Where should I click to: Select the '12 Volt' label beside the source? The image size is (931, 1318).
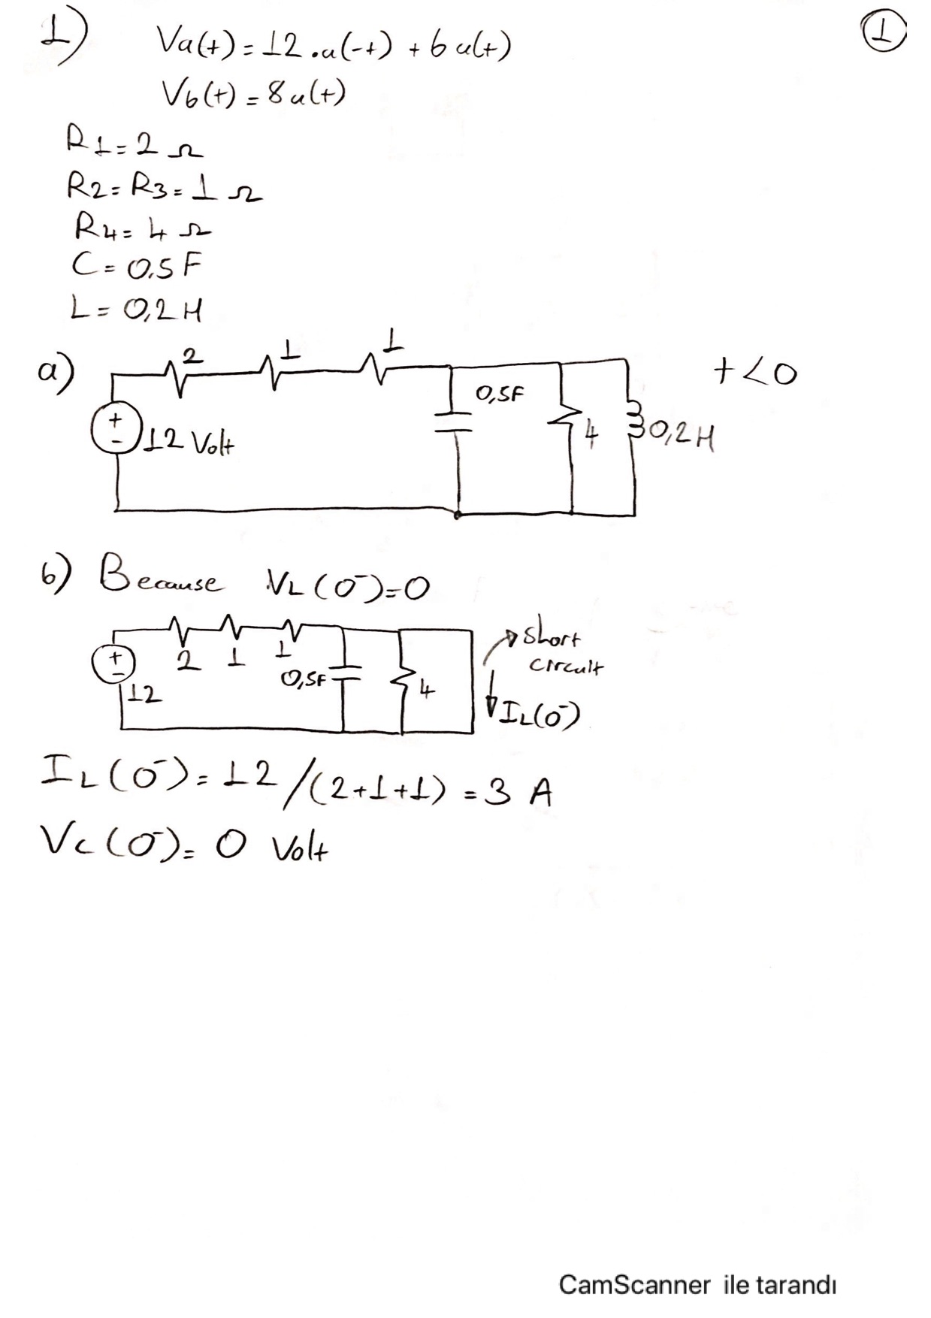(x=189, y=444)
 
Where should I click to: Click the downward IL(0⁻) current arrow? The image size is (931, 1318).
(x=493, y=695)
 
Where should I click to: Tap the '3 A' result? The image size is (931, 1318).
(x=515, y=792)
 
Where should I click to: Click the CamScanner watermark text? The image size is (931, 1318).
(x=697, y=1284)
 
